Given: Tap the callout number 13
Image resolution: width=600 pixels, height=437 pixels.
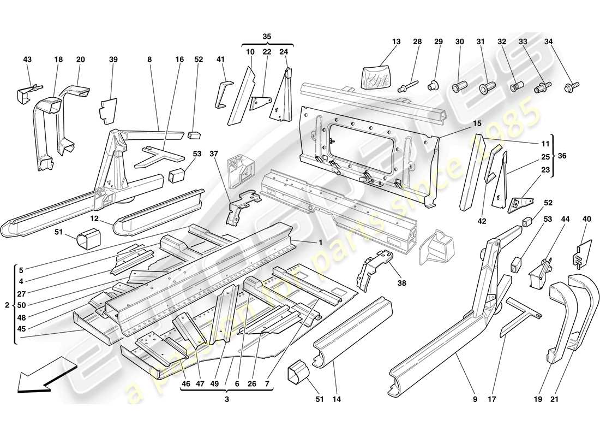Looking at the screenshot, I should [x=396, y=42].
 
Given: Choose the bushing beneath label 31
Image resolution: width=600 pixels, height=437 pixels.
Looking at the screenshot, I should [x=484, y=87].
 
